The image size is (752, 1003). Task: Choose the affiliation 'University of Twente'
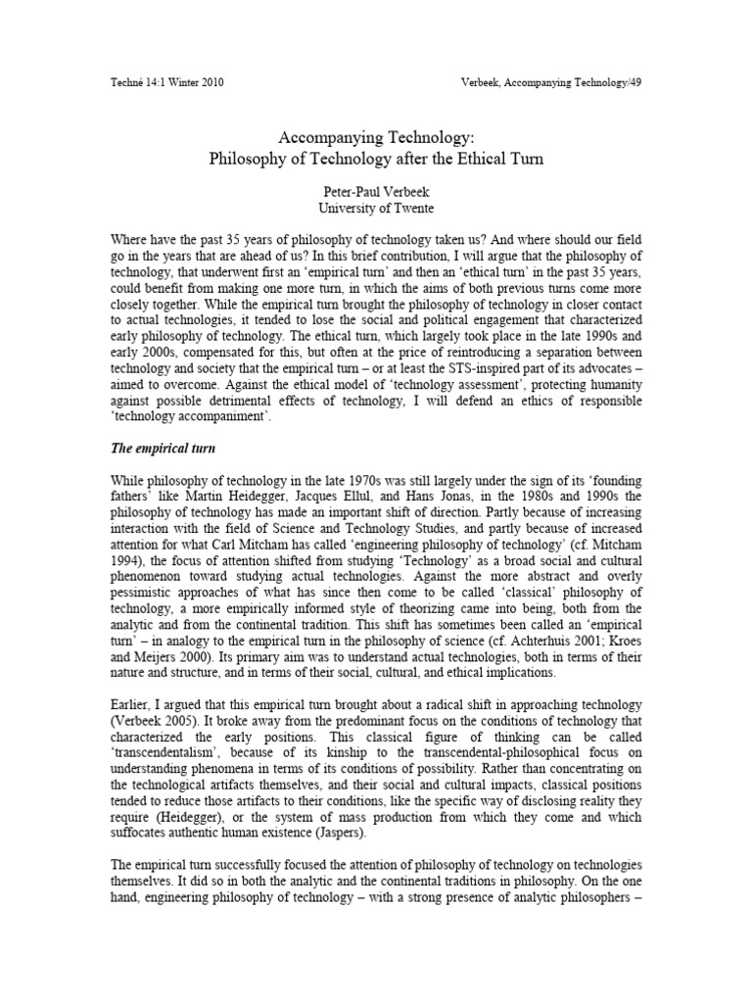click(x=376, y=209)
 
